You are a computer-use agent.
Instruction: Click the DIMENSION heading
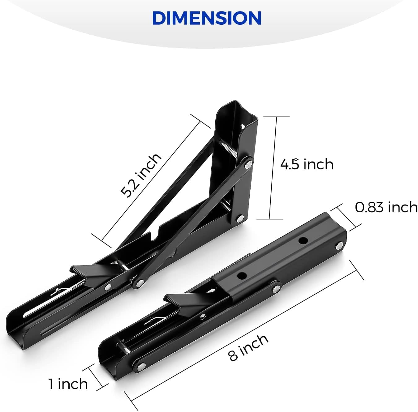(x=207, y=18)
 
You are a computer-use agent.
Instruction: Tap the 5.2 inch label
(x=141, y=175)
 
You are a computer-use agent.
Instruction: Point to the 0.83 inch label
(x=386, y=207)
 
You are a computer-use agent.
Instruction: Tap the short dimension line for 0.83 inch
(x=346, y=218)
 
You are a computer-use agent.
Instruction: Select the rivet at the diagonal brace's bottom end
(x=140, y=282)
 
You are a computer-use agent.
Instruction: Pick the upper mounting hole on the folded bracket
(x=303, y=240)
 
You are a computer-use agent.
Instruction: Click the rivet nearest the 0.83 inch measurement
(x=339, y=246)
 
